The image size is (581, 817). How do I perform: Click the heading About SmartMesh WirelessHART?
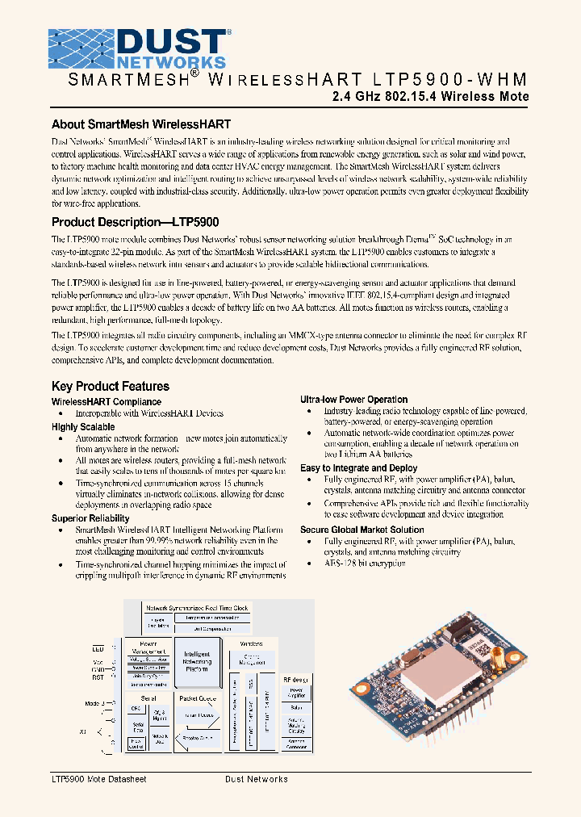[141, 124]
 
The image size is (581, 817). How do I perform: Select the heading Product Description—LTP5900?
[136, 222]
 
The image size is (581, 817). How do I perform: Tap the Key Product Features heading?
[111, 386]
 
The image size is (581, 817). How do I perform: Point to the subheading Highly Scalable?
[83, 426]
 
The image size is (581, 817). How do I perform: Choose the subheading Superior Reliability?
[90, 518]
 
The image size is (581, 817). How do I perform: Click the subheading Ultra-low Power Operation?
[353, 400]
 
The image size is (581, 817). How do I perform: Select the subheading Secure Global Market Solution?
[362, 530]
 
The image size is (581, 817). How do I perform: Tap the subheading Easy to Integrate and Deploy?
[358, 468]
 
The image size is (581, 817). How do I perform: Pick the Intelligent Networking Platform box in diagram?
[197, 661]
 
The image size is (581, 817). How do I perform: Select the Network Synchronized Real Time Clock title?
[196, 607]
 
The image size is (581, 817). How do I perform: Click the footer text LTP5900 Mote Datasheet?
[98, 779]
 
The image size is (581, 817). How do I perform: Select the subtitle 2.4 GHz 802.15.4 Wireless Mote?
[431, 97]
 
